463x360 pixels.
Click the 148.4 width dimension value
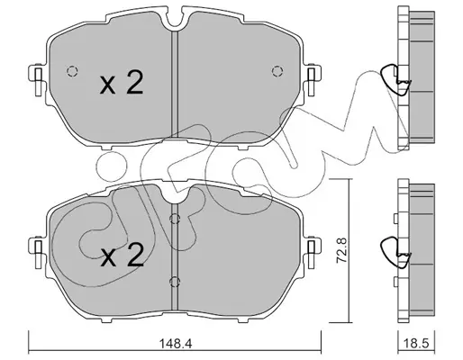pos(176,343)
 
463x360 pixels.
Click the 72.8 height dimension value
pos(341,250)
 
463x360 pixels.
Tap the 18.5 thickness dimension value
pos(416,343)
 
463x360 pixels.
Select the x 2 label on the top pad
pos(122,82)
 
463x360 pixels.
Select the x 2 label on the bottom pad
pos(123,255)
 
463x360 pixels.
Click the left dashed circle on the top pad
pos(72,71)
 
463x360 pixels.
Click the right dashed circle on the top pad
pos(277,71)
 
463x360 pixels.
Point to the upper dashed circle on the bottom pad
pos(175,220)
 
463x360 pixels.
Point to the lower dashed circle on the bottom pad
pos(175,282)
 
